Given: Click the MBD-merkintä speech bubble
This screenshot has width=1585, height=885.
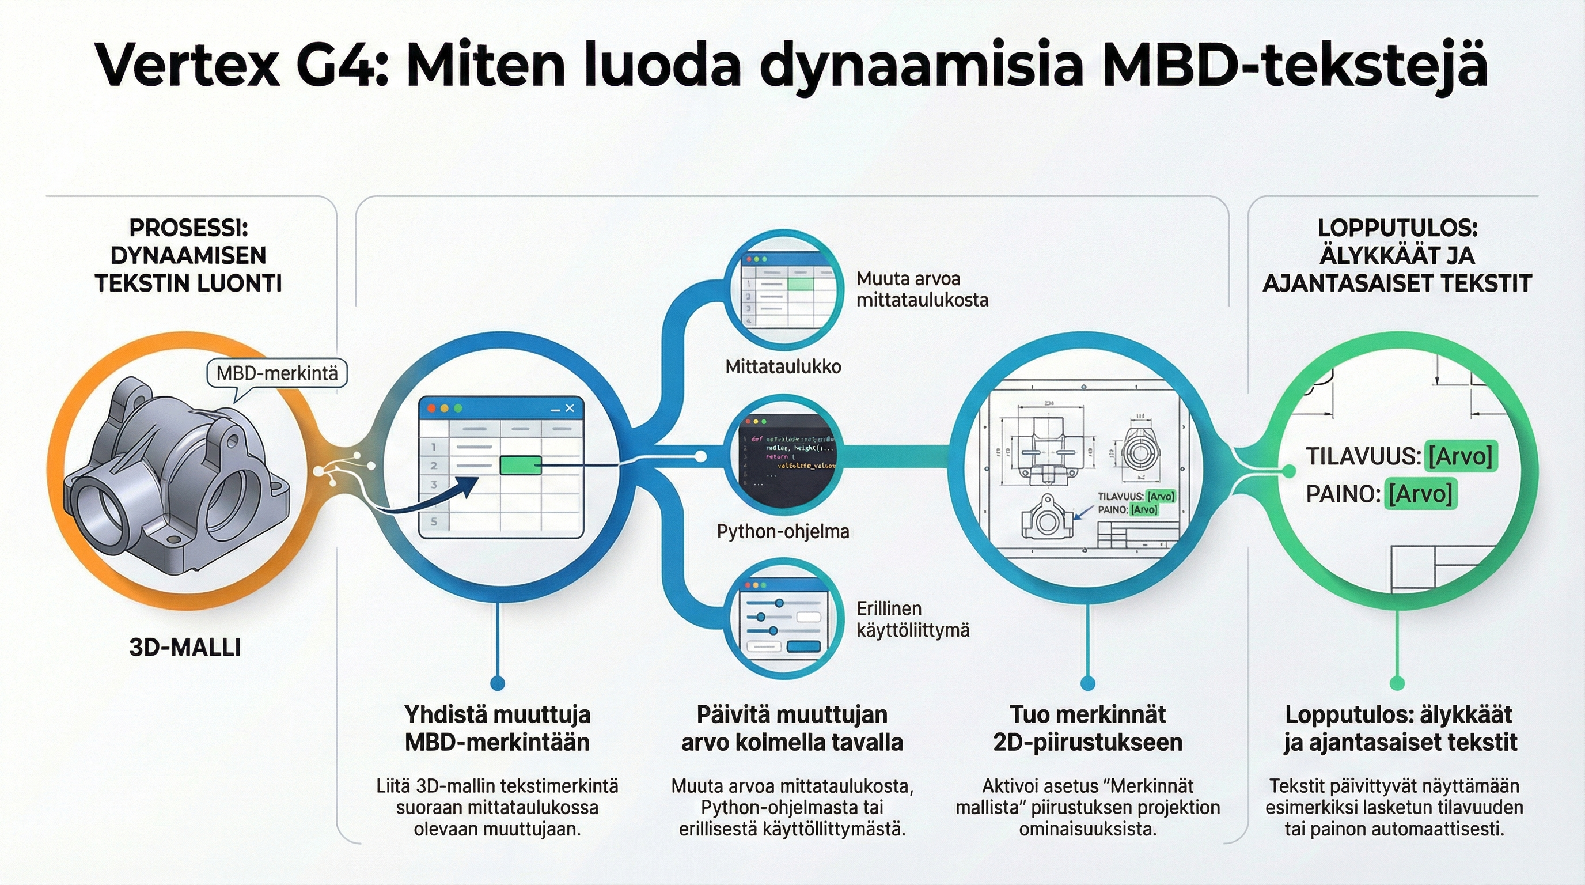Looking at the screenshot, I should (x=277, y=373).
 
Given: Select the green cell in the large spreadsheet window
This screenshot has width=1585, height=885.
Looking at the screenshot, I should (x=521, y=466).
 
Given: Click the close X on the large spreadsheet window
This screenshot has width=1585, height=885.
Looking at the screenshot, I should (x=570, y=408).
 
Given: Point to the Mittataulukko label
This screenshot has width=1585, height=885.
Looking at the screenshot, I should (x=783, y=367).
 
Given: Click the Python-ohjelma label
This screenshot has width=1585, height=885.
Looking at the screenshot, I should (x=783, y=531).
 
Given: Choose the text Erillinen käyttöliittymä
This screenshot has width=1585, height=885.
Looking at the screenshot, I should (x=912, y=619).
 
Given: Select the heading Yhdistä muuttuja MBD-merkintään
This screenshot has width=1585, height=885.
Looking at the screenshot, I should (x=497, y=728).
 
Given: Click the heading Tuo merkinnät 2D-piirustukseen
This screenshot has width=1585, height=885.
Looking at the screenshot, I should (x=1087, y=728).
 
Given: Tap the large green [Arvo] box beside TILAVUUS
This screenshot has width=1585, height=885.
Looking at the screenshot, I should (x=1460, y=456).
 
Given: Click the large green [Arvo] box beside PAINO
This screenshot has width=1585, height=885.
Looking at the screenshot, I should (x=1421, y=494).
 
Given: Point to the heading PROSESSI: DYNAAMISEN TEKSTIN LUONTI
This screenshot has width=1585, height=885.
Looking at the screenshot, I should (x=188, y=255).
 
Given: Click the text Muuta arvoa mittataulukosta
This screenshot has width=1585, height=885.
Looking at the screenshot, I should (x=922, y=289).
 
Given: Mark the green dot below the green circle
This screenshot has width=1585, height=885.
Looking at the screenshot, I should (x=1397, y=683).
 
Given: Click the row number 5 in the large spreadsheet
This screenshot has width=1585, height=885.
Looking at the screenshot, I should (x=434, y=522).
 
